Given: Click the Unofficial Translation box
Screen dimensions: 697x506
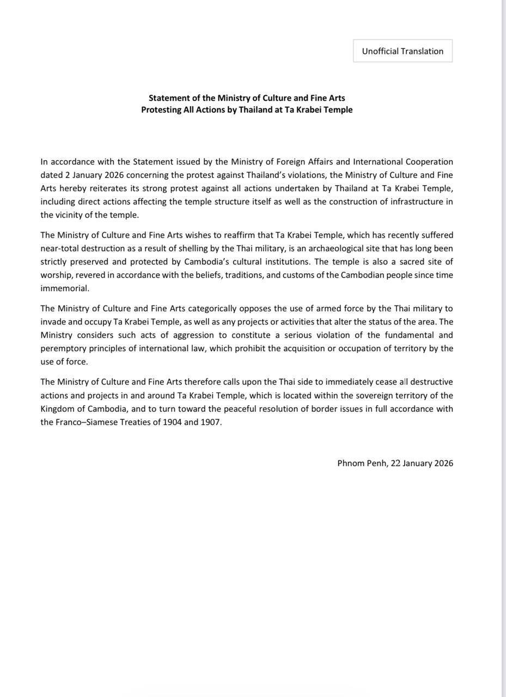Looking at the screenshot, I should tap(403, 51).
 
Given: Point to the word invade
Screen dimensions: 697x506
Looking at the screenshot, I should tap(52, 322).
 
